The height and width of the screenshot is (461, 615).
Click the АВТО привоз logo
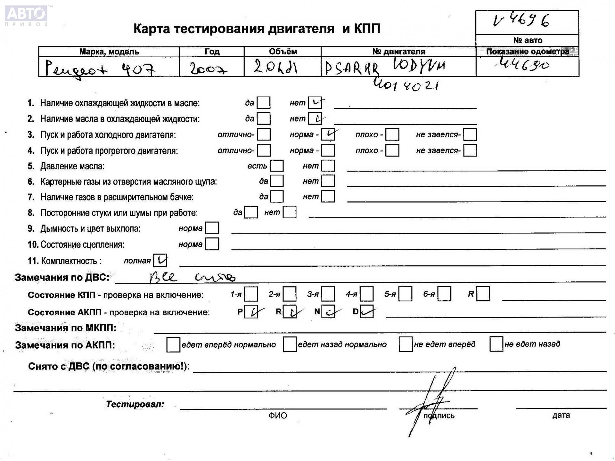26,15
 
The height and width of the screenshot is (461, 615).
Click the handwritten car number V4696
521,21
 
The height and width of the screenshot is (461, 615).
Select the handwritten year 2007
208,68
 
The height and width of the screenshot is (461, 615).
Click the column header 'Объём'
283,52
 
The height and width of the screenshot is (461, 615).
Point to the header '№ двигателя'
398,52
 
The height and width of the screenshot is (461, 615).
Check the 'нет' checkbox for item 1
315,103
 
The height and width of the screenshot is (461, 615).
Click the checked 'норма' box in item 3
328,134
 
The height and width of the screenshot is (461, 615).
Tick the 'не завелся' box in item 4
470,150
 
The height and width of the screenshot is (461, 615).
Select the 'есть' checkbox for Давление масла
276,166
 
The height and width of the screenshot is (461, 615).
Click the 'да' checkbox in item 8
251,212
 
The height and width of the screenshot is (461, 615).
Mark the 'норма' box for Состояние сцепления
212,244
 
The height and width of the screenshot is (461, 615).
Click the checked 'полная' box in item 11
160,261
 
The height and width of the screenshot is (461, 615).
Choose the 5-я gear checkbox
405,294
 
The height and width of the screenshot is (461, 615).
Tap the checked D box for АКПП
366,311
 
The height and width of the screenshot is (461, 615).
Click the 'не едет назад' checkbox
496,344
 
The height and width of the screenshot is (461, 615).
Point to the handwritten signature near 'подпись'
431,400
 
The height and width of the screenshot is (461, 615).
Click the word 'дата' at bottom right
561,415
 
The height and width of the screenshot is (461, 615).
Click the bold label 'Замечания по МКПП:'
66,328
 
